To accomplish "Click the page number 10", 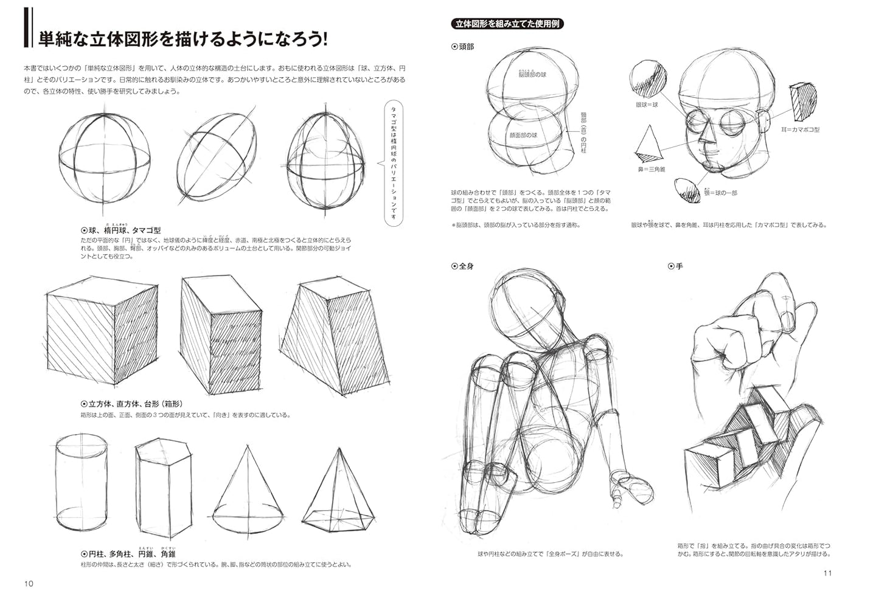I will pos(29,584).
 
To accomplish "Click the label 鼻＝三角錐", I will pos(651,169).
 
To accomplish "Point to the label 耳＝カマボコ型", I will pos(801,130).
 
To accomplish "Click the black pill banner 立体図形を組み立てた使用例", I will pos(509,24).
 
